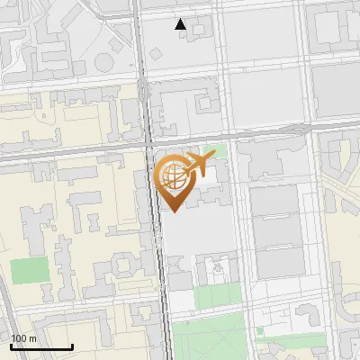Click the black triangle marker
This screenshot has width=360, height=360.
click(x=181, y=24)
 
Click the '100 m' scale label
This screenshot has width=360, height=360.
click(x=24, y=338)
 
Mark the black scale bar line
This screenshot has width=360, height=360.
click(x=41, y=347)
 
